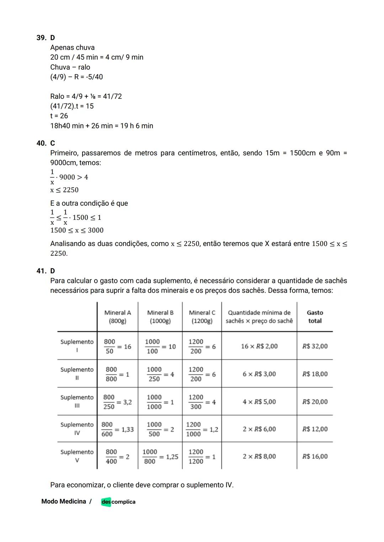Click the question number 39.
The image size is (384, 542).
(x=42, y=38)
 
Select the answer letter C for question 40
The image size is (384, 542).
(x=53, y=143)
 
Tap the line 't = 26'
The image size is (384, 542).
(x=59, y=116)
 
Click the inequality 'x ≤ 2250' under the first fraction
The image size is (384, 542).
(x=64, y=190)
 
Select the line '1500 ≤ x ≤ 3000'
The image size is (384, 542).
(x=77, y=230)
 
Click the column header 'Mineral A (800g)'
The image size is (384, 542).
(x=117, y=317)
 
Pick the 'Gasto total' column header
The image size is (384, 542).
(x=315, y=317)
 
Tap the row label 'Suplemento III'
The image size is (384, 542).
(x=77, y=401)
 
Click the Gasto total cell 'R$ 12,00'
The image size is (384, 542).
(x=315, y=429)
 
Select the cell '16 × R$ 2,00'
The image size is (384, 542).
(x=259, y=346)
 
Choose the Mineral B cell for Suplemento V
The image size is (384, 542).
(x=160, y=456)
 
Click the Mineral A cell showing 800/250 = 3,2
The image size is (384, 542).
(x=117, y=402)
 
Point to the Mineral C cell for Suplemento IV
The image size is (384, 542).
(x=202, y=429)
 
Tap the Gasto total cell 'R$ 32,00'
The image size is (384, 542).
(x=315, y=346)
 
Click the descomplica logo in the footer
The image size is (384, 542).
(x=118, y=502)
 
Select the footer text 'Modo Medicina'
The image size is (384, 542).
(x=64, y=501)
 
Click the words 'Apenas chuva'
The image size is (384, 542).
(x=72, y=48)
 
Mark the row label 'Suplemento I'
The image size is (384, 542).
(x=77, y=346)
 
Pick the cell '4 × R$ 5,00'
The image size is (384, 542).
(x=259, y=402)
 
